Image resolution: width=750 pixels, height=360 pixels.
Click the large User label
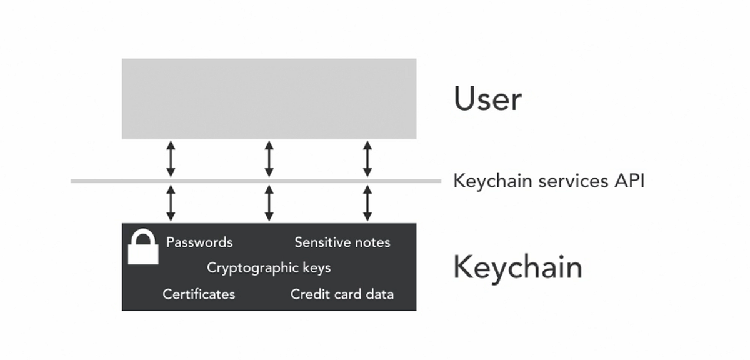point(487,99)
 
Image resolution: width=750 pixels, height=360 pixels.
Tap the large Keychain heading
point(517,267)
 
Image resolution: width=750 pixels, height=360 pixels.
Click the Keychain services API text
point(548,181)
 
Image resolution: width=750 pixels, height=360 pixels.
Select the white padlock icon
point(143,248)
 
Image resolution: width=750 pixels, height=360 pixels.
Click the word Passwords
point(199,242)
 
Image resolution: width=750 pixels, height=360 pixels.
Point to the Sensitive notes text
point(342,242)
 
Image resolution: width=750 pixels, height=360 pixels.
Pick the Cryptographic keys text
point(269,268)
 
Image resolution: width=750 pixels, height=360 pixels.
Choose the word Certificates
point(199,294)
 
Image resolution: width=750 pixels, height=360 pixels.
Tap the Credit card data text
point(342,294)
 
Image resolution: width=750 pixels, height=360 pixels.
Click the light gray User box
point(269,99)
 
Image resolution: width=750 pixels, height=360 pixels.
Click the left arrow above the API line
point(170,159)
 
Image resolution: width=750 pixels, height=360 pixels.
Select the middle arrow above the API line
point(269,159)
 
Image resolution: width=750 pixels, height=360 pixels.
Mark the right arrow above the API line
point(367,159)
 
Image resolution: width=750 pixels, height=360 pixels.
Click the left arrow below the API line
point(170,202)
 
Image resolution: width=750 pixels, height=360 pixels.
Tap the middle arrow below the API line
point(269,202)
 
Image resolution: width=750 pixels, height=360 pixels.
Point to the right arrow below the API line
point(367,202)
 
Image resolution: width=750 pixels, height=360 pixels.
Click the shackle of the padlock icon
point(143,237)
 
